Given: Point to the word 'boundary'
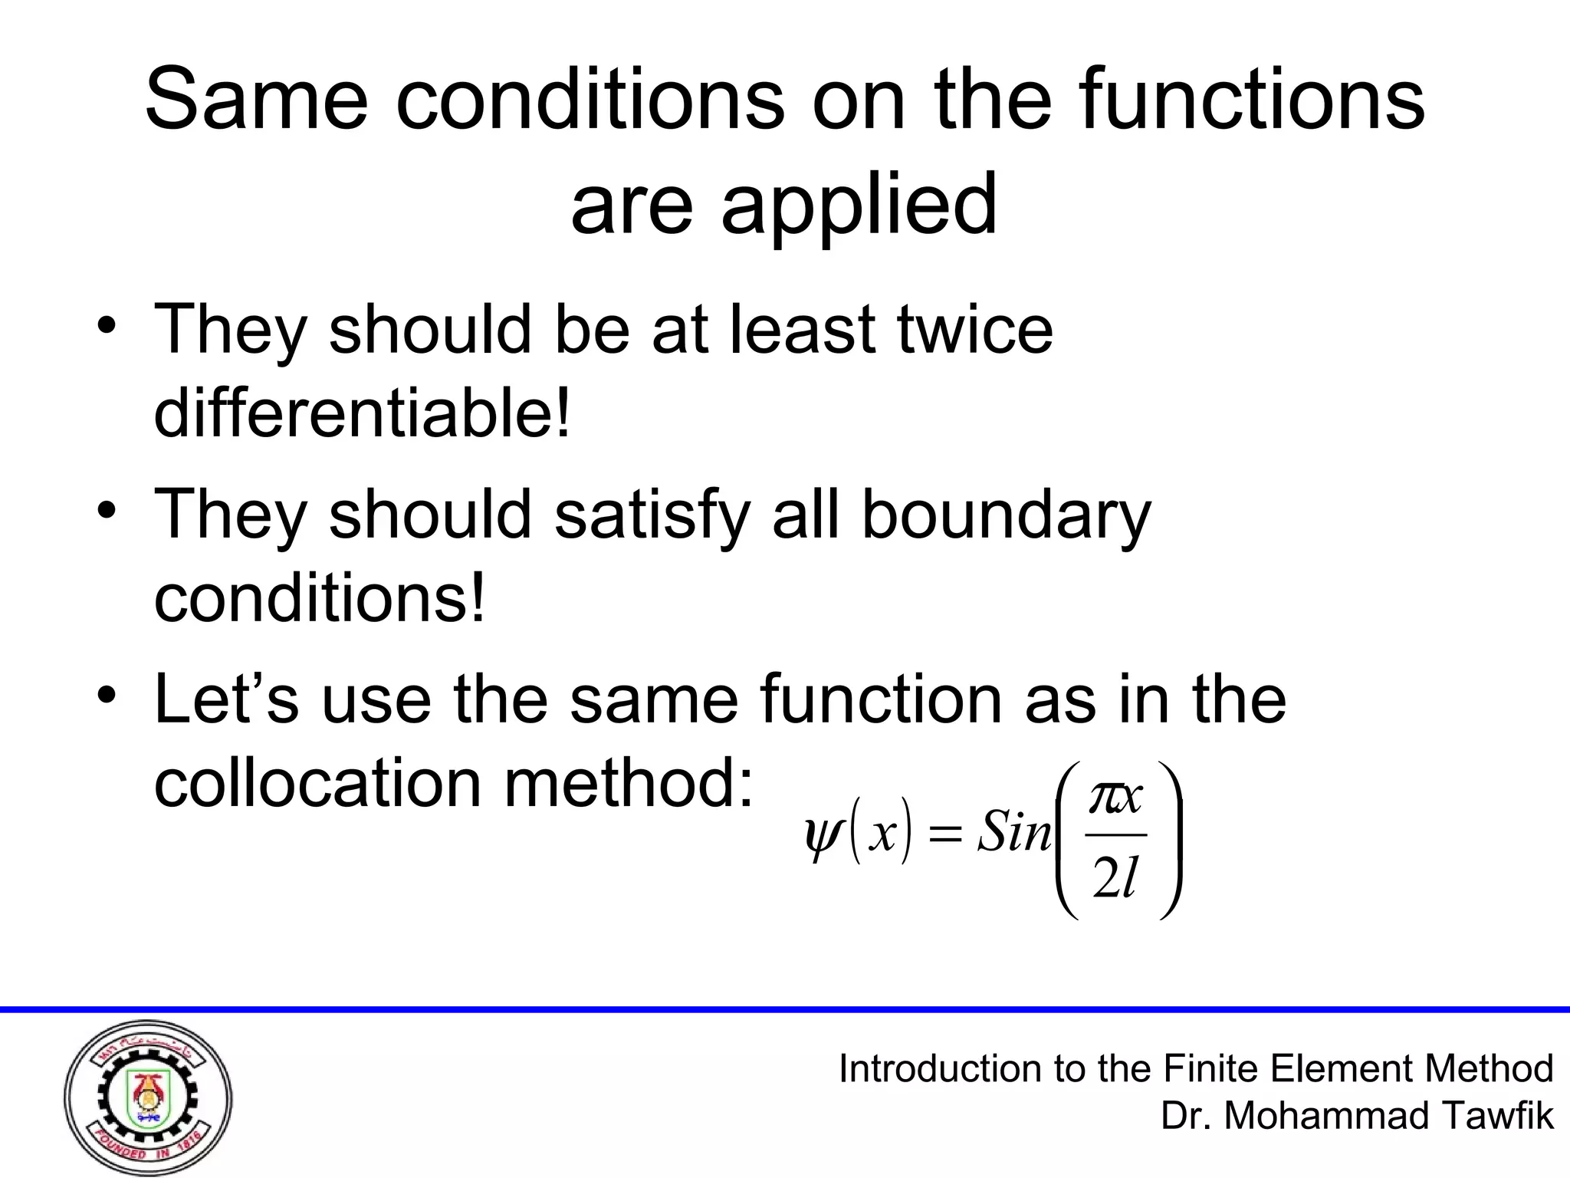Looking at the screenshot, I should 1006,515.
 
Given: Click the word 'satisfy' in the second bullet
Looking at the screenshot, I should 652,515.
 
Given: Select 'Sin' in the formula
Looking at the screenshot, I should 1013,831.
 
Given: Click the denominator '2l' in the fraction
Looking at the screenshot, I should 1115,877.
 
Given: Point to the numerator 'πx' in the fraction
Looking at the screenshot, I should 1115,798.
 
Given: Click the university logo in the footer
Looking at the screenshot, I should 148,1097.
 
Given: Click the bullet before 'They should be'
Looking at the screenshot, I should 107,327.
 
